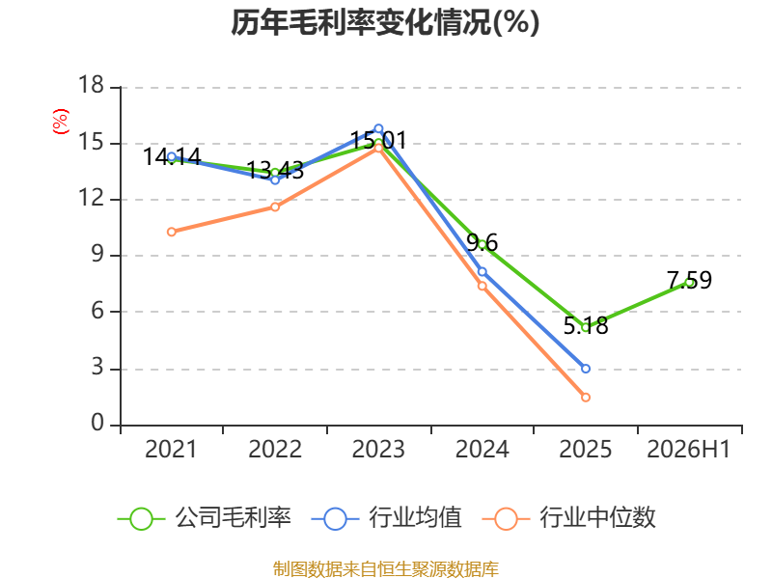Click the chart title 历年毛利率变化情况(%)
click(x=385, y=22)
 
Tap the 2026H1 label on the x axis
click(x=688, y=449)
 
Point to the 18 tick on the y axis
click(x=92, y=85)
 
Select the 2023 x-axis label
click(x=378, y=449)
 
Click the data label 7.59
click(x=689, y=280)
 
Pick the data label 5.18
click(x=586, y=326)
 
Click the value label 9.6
click(x=482, y=243)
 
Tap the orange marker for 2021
click(x=172, y=232)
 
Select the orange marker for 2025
click(x=586, y=398)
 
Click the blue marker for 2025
click(x=586, y=369)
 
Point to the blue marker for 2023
click(x=378, y=129)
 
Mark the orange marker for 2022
click(x=275, y=207)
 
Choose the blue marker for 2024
click(x=482, y=272)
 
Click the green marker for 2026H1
click(x=689, y=283)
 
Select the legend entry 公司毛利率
click(x=205, y=518)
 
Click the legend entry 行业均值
click(x=387, y=518)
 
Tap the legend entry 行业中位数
click(x=568, y=518)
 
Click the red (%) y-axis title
click(x=61, y=122)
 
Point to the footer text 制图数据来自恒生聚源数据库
click(x=386, y=569)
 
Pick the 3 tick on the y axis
click(x=97, y=368)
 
